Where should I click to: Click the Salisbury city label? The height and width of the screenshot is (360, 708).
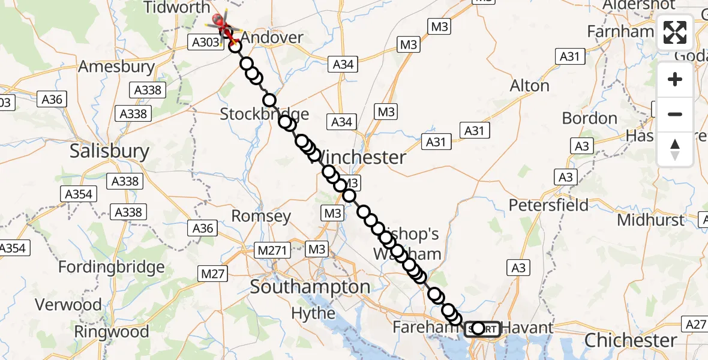point(109,151)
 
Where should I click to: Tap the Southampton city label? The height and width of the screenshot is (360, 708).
point(310,287)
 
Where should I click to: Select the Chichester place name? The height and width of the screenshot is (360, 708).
point(631,340)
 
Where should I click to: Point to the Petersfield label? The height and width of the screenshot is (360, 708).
point(548,205)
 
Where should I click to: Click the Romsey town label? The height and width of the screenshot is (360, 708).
point(261,216)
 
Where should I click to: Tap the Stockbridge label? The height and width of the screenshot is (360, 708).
point(264,114)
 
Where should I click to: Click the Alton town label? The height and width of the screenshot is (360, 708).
point(529,86)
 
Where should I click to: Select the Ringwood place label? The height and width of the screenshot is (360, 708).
point(112,331)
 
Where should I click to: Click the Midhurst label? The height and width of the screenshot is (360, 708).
point(650,220)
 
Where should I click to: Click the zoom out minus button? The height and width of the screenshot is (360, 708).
point(675,114)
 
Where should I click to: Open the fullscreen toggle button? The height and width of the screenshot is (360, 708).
point(675,32)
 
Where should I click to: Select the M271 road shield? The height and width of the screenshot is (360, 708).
point(272,249)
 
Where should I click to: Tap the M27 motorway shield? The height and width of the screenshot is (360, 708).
point(212,274)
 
